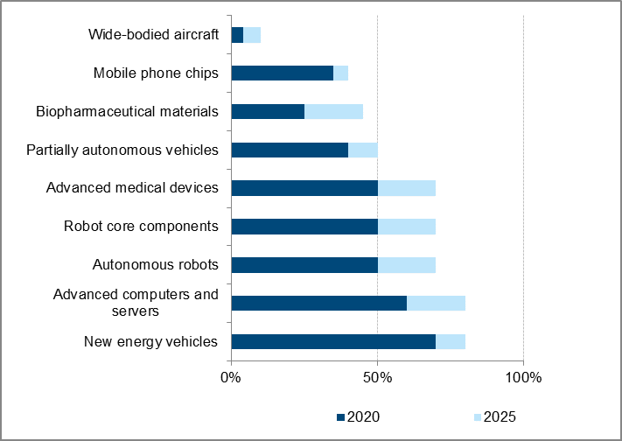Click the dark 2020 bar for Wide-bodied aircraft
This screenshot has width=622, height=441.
coord(237,35)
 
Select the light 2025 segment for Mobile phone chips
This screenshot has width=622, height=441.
coord(340,73)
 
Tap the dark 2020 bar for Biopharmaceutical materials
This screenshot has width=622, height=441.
coord(268,111)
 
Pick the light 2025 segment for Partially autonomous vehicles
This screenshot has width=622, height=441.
coord(362,150)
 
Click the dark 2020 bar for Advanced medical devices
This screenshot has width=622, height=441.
coord(304,188)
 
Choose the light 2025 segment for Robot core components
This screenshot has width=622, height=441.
coord(406,227)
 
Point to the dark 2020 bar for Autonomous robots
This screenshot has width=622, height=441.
coord(304,265)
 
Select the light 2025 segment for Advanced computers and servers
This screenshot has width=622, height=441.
coord(436,303)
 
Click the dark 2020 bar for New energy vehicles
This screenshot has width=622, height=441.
coord(333,341)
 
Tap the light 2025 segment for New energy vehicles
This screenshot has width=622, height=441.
coord(451,341)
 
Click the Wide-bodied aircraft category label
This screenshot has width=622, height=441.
coord(153,35)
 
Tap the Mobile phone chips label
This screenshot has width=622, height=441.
coord(156,73)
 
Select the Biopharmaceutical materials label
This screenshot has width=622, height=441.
coord(127,111)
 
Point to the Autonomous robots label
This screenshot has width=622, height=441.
coord(155,265)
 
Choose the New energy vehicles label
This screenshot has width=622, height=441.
coord(150,341)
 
